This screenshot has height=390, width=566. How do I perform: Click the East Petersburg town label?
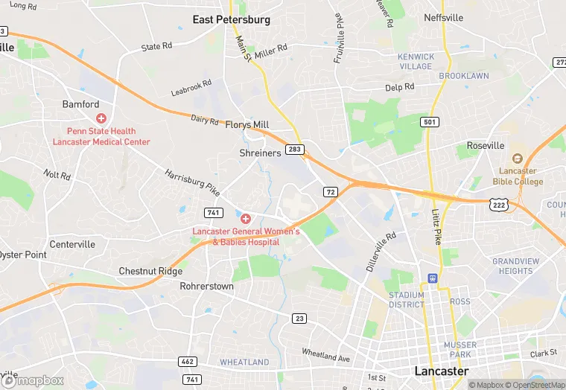(x=231, y=19)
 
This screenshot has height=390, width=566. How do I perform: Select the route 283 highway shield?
(x=295, y=150)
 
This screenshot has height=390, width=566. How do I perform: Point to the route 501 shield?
(x=429, y=121)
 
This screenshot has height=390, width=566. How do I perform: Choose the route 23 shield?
(x=299, y=319)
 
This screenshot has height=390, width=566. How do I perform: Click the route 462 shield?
(x=188, y=362)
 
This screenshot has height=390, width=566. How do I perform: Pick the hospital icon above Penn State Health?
(x=101, y=118)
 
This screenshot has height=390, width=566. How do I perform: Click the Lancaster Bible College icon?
(x=518, y=158)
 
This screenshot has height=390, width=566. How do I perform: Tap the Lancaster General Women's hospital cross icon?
(x=245, y=219)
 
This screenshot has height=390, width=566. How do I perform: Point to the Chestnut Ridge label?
(x=150, y=271)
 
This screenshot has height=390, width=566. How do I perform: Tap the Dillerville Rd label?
(x=381, y=250)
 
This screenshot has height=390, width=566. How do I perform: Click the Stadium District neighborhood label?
(x=407, y=299)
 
